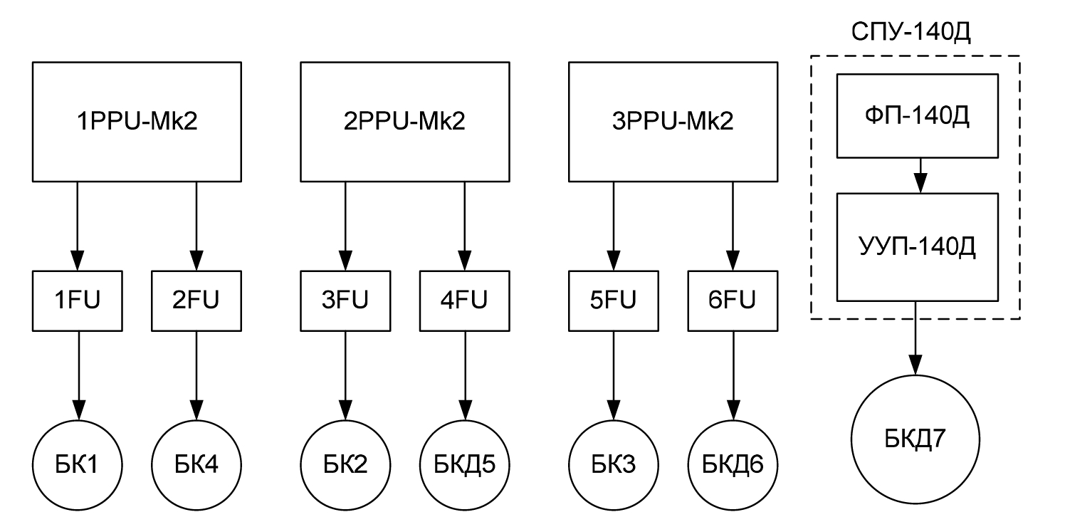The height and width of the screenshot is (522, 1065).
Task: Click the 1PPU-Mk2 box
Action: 135,120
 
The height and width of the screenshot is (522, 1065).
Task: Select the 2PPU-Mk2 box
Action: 404,120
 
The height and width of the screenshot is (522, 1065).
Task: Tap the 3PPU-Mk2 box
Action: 672,120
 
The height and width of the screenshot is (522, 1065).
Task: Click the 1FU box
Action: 78,301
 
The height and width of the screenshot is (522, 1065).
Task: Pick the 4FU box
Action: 466,301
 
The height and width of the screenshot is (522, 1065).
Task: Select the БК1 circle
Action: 78,465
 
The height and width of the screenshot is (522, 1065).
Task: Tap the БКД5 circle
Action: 466,465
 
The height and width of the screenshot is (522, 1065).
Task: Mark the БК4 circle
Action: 196,465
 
